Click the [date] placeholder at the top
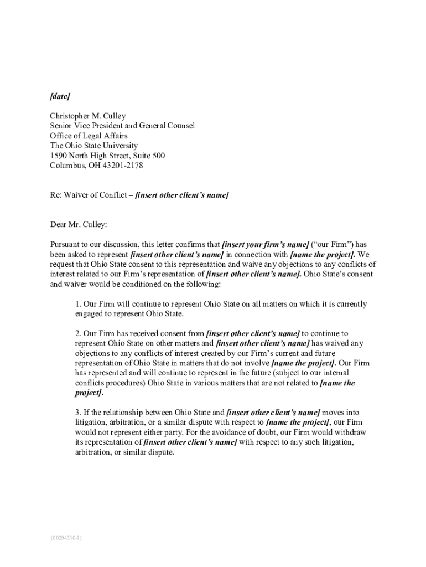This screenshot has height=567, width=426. pos(60,96)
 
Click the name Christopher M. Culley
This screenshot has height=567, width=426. pos(88,116)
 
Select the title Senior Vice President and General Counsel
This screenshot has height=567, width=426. pos(122,126)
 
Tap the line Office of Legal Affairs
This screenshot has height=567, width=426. pos(89,136)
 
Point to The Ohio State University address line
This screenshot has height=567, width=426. pos(94,146)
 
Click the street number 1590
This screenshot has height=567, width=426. pos(59,156)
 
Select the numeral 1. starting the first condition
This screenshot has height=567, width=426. pos(78,304)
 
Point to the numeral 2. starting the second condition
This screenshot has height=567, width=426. pos(78,333)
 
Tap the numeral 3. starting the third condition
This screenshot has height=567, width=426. pos(78,413)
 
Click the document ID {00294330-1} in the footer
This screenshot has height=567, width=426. pos(66,538)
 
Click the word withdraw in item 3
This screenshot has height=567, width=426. pos(352,432)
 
